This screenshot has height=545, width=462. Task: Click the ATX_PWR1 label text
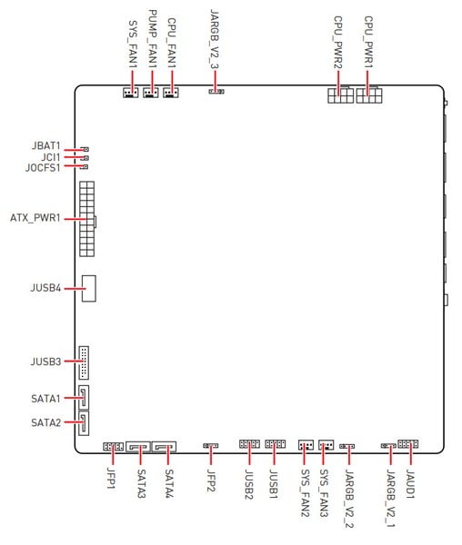(35, 218)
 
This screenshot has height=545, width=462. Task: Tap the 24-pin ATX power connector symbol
(87, 219)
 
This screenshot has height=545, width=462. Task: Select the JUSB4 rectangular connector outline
(89, 289)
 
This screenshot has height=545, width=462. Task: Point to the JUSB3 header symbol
(84, 362)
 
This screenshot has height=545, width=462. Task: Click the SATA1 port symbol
(84, 397)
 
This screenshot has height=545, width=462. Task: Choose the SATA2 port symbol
(84, 422)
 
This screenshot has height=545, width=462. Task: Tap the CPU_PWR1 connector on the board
(368, 94)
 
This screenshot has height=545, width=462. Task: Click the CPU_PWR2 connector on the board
(340, 94)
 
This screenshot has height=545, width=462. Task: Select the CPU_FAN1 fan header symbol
(171, 93)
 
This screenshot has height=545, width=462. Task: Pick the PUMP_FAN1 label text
(153, 38)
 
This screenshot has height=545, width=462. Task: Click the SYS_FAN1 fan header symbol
(130, 93)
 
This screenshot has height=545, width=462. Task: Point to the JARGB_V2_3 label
(215, 39)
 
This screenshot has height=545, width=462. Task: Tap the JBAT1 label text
(45, 145)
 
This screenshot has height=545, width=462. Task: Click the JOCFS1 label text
(43, 167)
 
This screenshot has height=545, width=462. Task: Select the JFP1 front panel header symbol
(113, 447)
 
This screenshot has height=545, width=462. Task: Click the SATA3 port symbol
(138, 447)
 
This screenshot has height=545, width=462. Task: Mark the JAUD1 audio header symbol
(407, 444)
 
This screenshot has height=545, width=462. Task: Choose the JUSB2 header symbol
(249, 444)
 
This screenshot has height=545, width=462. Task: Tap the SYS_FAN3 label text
(324, 493)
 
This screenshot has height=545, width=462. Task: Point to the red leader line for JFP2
(211, 455)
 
